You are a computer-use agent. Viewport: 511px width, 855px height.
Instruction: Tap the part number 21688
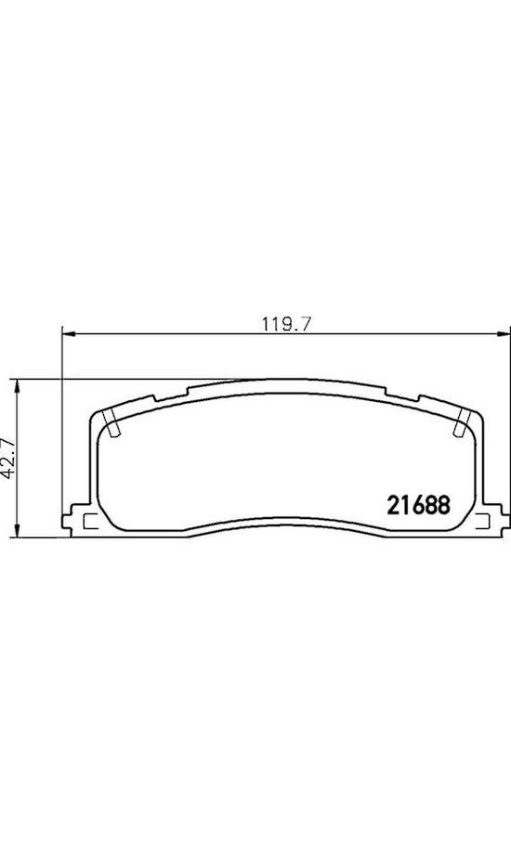pos(418,504)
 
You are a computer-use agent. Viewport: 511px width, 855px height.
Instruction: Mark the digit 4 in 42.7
pos(10,473)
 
